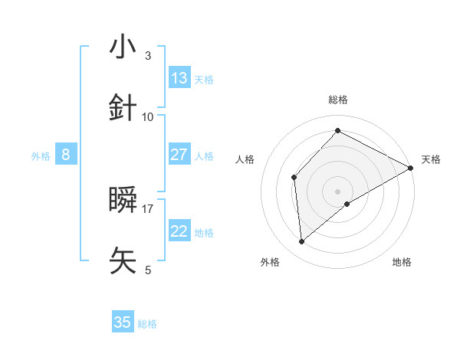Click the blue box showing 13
coord(179,77)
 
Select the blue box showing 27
coord(179,155)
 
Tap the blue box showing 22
coord(179,231)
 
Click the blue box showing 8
coord(66,155)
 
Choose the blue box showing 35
coord(123,322)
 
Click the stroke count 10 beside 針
coord(148,116)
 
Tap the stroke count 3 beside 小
coord(148,56)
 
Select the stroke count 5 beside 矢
coord(148,270)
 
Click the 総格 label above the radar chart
coord(338,100)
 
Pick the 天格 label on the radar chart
coord(431,159)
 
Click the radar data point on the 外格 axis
coord(301,242)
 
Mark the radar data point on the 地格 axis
coord(347,204)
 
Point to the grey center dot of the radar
coord(338,191)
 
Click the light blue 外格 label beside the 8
coord(41,156)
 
